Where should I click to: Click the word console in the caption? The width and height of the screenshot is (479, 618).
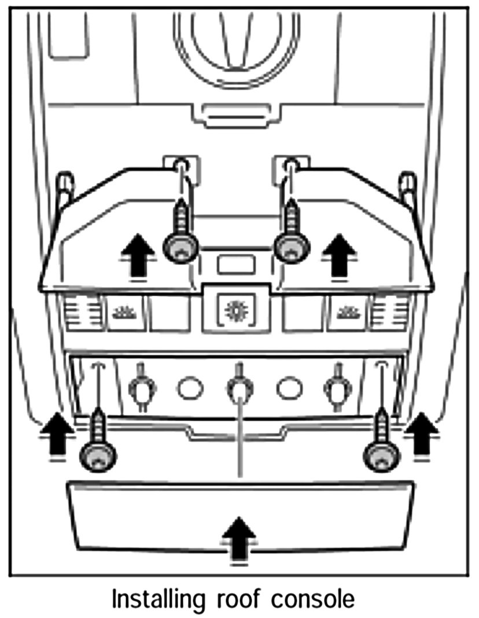(313, 599)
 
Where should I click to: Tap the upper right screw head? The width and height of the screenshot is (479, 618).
(291, 247)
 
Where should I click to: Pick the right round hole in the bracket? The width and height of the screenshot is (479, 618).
(288, 388)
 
